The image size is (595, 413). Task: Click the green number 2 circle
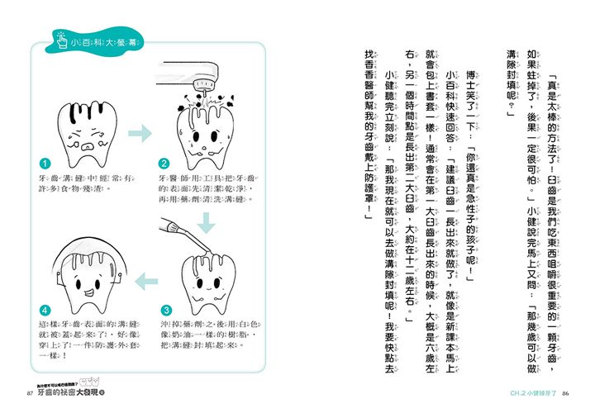pyautogui.click(x=164, y=164)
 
